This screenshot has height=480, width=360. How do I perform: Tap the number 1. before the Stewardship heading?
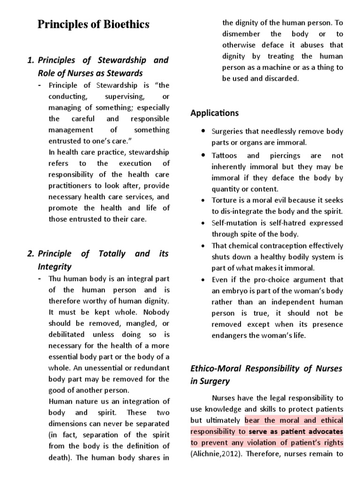click(31, 60)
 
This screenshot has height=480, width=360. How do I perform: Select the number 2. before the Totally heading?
click(31, 254)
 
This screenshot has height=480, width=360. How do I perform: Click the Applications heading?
click(215, 113)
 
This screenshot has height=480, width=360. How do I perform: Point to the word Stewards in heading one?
click(127, 73)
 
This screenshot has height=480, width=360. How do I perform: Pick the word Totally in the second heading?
click(113, 254)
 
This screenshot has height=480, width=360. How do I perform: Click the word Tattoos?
click(225, 156)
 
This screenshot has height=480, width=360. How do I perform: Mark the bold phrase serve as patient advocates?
click(296, 431)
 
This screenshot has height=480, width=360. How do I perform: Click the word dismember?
click(241, 34)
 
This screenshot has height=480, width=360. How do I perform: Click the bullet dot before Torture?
click(202, 201)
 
